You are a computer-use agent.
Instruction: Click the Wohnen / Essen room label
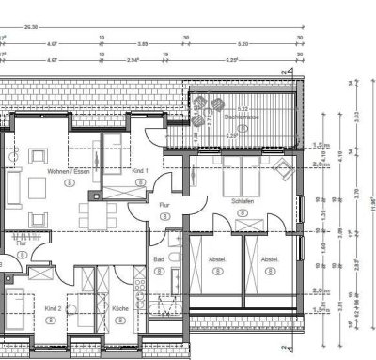(68, 174)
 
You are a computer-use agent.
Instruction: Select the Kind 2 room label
(53, 308)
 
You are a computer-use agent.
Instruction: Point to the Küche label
(119, 308)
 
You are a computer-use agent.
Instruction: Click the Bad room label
(159, 258)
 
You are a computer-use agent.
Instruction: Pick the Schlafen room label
(243, 202)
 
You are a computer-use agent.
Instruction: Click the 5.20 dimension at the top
(243, 43)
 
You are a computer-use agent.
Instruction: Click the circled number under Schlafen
(243, 214)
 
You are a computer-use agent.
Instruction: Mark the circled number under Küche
(119, 320)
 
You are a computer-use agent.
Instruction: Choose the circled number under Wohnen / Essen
(69, 186)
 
